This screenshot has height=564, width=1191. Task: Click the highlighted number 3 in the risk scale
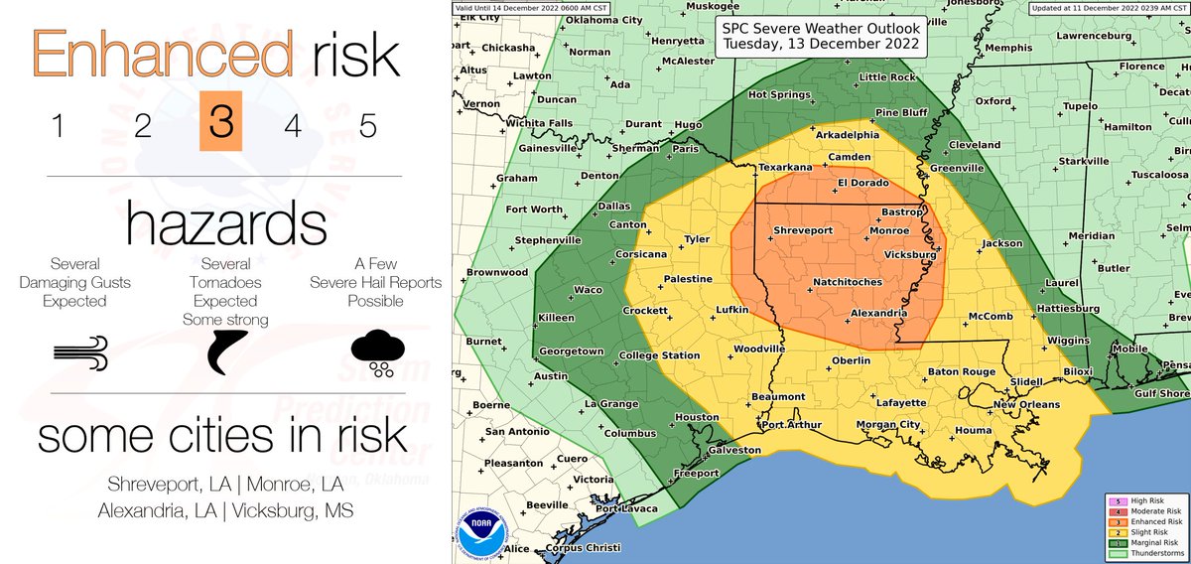tap(221, 125)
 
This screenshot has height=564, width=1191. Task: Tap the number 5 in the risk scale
tap(367, 126)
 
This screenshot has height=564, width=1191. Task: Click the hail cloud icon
tap(377, 352)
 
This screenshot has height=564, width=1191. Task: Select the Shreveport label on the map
tap(802, 229)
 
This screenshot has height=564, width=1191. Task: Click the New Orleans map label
tap(1026, 404)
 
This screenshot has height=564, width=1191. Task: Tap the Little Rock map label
tap(886, 76)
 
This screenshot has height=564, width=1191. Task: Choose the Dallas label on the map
tap(614, 206)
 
